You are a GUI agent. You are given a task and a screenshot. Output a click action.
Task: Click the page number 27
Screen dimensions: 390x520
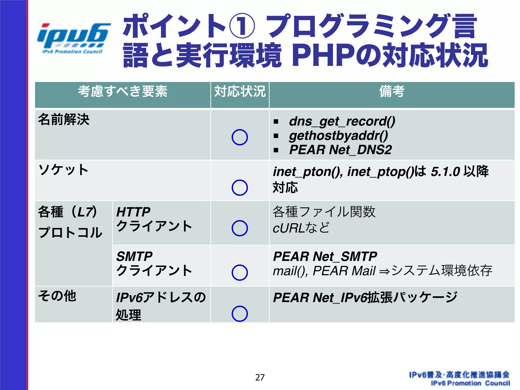coord(260,377)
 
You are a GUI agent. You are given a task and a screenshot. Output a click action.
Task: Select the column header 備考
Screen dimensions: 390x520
coord(392,91)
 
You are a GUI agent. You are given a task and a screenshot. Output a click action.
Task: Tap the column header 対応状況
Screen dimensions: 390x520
coord(240,91)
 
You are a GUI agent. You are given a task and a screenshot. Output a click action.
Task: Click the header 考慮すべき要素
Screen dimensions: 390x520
coord(123,91)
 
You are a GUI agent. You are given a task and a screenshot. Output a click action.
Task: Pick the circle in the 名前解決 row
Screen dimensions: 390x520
coord(239,137)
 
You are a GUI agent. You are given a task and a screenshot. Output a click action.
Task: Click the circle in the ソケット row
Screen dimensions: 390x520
coord(239,188)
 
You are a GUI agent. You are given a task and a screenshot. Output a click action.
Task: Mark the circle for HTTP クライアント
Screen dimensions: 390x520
coord(239,228)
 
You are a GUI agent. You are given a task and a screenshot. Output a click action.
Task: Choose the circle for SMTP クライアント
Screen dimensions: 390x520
coord(239,272)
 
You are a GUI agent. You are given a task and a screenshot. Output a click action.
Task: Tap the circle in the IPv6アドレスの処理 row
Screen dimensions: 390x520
coord(239,314)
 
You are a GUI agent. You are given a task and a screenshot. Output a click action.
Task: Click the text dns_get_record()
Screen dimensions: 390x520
coord(342,121)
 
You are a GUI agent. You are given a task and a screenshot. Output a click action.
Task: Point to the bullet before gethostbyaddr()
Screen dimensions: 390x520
coord(276,136)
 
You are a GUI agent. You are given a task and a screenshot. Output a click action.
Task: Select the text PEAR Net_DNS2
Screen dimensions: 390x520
coord(340,150)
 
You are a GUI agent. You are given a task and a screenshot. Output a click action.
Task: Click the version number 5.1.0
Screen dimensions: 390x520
coord(445,172)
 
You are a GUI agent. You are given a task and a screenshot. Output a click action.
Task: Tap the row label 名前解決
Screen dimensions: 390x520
coord(64,119)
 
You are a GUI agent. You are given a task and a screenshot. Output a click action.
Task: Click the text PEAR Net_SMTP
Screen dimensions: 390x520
coord(325,256)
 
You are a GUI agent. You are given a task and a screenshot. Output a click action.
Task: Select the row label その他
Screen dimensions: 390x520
coord(57,296)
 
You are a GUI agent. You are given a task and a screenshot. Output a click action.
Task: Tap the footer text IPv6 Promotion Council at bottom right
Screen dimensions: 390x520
coord(470,383)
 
